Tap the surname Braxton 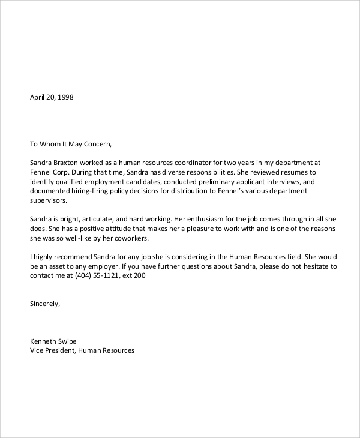68,162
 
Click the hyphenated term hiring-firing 88,191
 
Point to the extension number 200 139,276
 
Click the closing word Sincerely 45,304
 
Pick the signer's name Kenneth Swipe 53,341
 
